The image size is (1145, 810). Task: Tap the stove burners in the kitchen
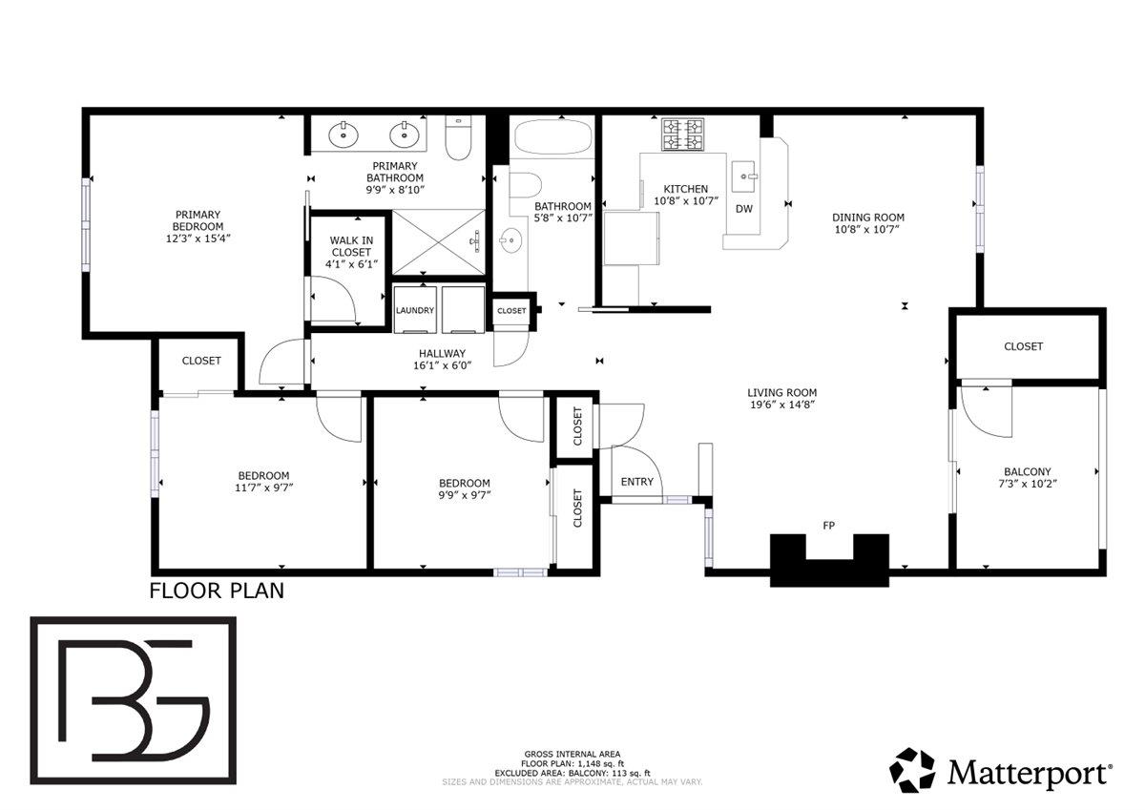[x=683, y=135]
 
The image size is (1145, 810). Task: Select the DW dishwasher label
[x=744, y=209]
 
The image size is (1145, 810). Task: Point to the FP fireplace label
[x=829, y=525]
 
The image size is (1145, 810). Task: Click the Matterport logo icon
[x=913, y=770]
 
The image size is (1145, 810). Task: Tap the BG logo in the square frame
[x=134, y=699]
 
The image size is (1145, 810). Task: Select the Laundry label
[x=415, y=311]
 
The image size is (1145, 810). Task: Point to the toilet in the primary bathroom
[x=459, y=139]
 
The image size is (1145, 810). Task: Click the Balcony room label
[x=1027, y=471]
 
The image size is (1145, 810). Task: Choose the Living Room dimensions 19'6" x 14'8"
[x=781, y=405]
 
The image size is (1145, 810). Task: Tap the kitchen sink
[x=743, y=176]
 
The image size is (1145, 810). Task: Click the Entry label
[x=636, y=482]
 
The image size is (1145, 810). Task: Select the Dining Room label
[x=868, y=218]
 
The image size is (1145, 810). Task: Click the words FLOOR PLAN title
[x=217, y=591]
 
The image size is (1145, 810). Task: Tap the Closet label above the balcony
[x=1023, y=346]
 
